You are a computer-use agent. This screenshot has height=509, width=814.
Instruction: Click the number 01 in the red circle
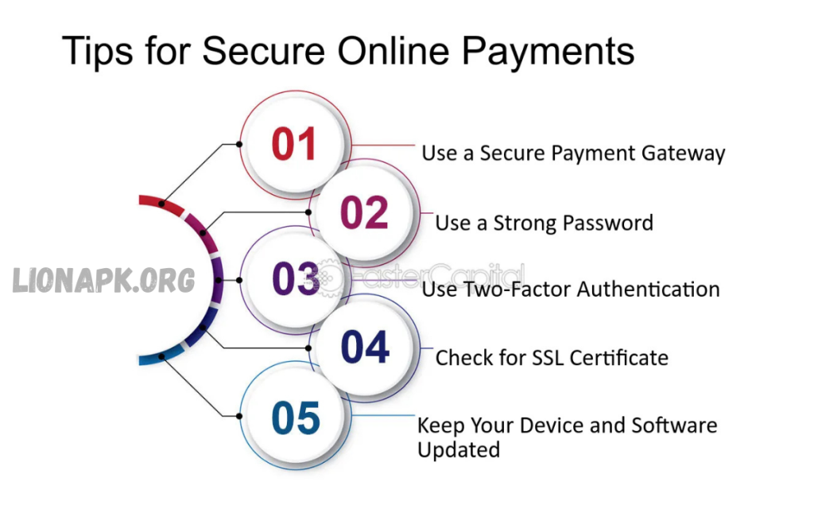pyautogui.click(x=294, y=144)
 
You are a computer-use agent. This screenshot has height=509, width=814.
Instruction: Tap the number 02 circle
pyautogui.click(x=364, y=213)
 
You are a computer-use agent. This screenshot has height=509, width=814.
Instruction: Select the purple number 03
pyautogui.click(x=296, y=279)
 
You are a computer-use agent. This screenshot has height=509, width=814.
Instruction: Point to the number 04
pyautogui.click(x=365, y=348)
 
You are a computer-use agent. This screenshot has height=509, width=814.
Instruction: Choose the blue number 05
pyautogui.click(x=295, y=418)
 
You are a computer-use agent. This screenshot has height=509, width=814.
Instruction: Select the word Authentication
pyautogui.click(x=649, y=289)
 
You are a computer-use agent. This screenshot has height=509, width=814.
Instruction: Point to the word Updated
pyautogui.click(x=459, y=449)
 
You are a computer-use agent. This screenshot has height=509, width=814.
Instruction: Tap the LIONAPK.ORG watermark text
pyautogui.click(x=103, y=279)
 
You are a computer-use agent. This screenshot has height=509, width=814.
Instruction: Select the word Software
pyautogui.click(x=674, y=425)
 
